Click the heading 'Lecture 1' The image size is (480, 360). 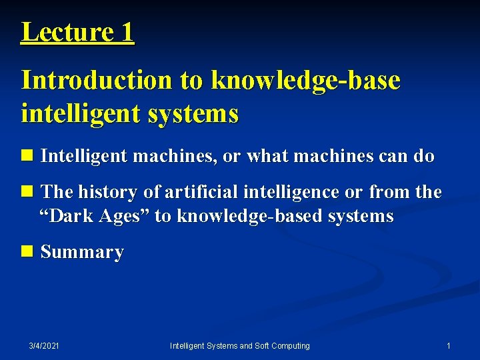[77, 31]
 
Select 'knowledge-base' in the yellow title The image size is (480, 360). [306, 80]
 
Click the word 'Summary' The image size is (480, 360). [82, 252]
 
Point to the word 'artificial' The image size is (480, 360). [201, 192]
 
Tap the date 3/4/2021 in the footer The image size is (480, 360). [44, 345]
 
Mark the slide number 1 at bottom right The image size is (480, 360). [449, 345]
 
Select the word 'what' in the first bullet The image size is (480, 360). [265, 157]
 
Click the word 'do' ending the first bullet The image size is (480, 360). [423, 157]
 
